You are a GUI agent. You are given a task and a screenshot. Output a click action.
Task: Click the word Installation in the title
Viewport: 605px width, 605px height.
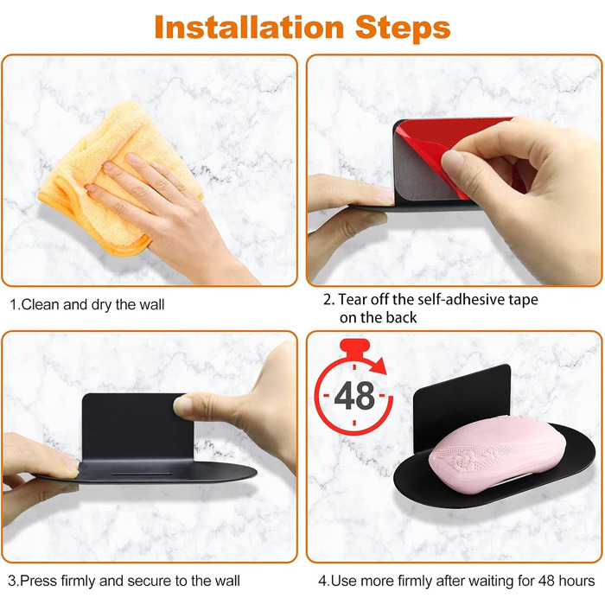tap(249, 28)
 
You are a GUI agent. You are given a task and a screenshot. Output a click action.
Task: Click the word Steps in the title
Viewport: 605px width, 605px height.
tap(403, 29)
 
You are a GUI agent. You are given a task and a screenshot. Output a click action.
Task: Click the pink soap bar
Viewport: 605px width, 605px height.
tap(497, 455)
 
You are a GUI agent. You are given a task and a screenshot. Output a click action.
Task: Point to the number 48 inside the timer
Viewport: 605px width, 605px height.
tap(354, 396)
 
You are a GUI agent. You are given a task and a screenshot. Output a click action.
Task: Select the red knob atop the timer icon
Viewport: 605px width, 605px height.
tap(355, 347)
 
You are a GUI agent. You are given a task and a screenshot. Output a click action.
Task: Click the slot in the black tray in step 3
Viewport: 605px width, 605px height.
tap(141, 474)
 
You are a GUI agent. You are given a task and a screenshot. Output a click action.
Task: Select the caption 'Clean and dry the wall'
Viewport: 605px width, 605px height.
tap(87, 304)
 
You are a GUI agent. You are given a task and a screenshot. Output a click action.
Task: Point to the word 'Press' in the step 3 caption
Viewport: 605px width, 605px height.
tap(38, 580)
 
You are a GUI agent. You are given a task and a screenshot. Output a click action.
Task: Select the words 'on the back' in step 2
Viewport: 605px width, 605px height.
tap(379, 317)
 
